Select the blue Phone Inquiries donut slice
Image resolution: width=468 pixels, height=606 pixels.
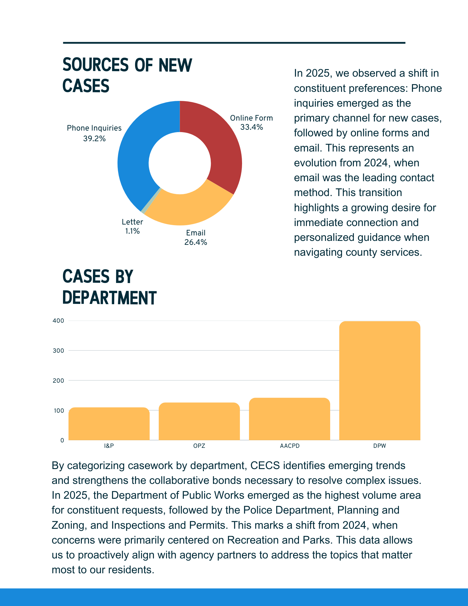tap(133, 161)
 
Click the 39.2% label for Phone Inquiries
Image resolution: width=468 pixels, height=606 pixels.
tap(94, 139)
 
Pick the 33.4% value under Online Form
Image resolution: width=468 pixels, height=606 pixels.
tap(251, 127)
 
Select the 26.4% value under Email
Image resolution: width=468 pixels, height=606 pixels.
tap(196, 242)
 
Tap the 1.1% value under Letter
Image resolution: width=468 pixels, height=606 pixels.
tap(132, 231)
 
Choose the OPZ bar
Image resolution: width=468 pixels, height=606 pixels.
tap(199, 421)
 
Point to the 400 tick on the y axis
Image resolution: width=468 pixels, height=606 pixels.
tap(58, 321)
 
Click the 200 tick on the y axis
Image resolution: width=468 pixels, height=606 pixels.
tap(58, 381)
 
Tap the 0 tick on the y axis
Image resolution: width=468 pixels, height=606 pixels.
tap(62, 440)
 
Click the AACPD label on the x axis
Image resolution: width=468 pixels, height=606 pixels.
tap(290, 446)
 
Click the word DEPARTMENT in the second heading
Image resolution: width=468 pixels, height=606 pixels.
tap(109, 298)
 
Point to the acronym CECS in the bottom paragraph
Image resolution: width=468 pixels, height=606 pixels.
tap(265, 465)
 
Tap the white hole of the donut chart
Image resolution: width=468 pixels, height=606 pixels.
tap(180, 163)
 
